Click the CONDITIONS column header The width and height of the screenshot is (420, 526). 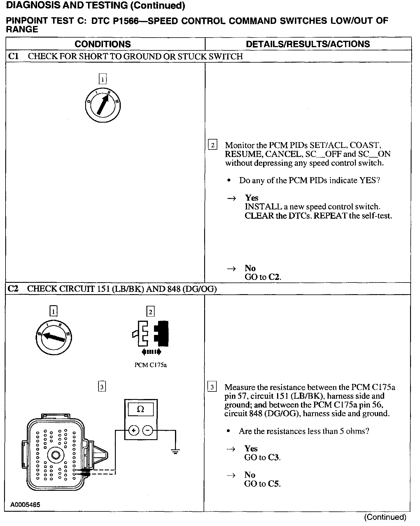(x=103, y=44)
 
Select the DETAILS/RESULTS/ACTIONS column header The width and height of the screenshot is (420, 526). (x=308, y=44)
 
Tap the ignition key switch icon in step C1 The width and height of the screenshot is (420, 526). (x=103, y=105)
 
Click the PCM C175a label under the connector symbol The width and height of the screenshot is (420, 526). (x=150, y=365)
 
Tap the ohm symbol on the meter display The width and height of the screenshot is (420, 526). (x=141, y=409)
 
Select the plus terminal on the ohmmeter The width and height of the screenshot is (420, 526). (x=133, y=430)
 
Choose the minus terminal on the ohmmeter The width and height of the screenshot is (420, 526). (x=148, y=430)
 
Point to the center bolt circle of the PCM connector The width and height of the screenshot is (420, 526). (x=55, y=455)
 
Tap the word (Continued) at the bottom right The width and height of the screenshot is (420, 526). (x=385, y=517)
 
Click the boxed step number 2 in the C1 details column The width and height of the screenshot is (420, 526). (x=212, y=145)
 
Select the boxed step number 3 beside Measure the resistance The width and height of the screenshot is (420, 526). (x=212, y=387)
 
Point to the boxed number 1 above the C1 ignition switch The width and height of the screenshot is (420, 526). (x=103, y=79)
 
